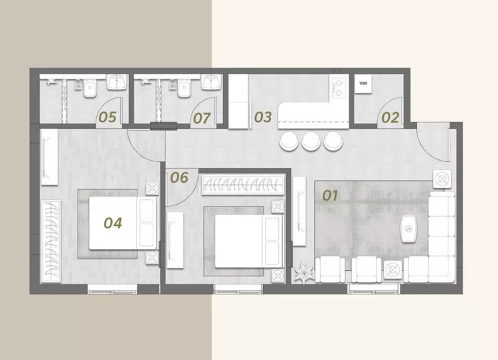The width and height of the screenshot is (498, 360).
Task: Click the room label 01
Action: (330, 195)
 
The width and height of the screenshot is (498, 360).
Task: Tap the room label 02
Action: (390, 118)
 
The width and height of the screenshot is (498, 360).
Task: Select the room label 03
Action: (263, 117)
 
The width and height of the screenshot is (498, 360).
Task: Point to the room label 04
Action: (113, 223)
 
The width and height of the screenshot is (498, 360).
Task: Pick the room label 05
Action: (108, 118)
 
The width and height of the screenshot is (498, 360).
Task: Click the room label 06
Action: (179, 177)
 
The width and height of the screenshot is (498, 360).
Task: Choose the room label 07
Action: (202, 118)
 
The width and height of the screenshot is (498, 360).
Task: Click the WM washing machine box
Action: (363, 84)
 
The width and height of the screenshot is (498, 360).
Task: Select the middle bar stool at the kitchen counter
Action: (311, 141)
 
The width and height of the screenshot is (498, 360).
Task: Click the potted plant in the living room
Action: (303, 273)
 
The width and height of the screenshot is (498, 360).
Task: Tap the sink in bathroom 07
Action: (211, 82)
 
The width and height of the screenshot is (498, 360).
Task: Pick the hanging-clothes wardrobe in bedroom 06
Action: (243, 185)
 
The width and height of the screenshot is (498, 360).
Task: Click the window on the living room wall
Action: (373, 289)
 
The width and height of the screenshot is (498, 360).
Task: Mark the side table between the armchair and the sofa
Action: (393, 270)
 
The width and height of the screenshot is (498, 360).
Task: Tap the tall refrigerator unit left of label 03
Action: (238, 102)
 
